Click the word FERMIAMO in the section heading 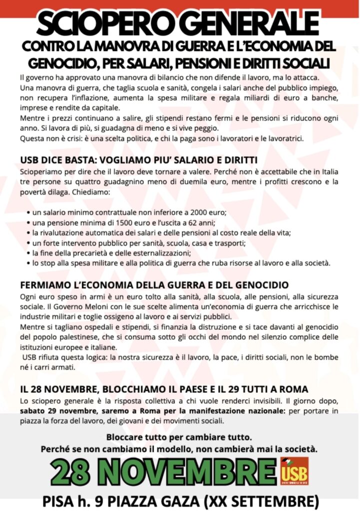coord(45,285)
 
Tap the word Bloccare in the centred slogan coord(124,438)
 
